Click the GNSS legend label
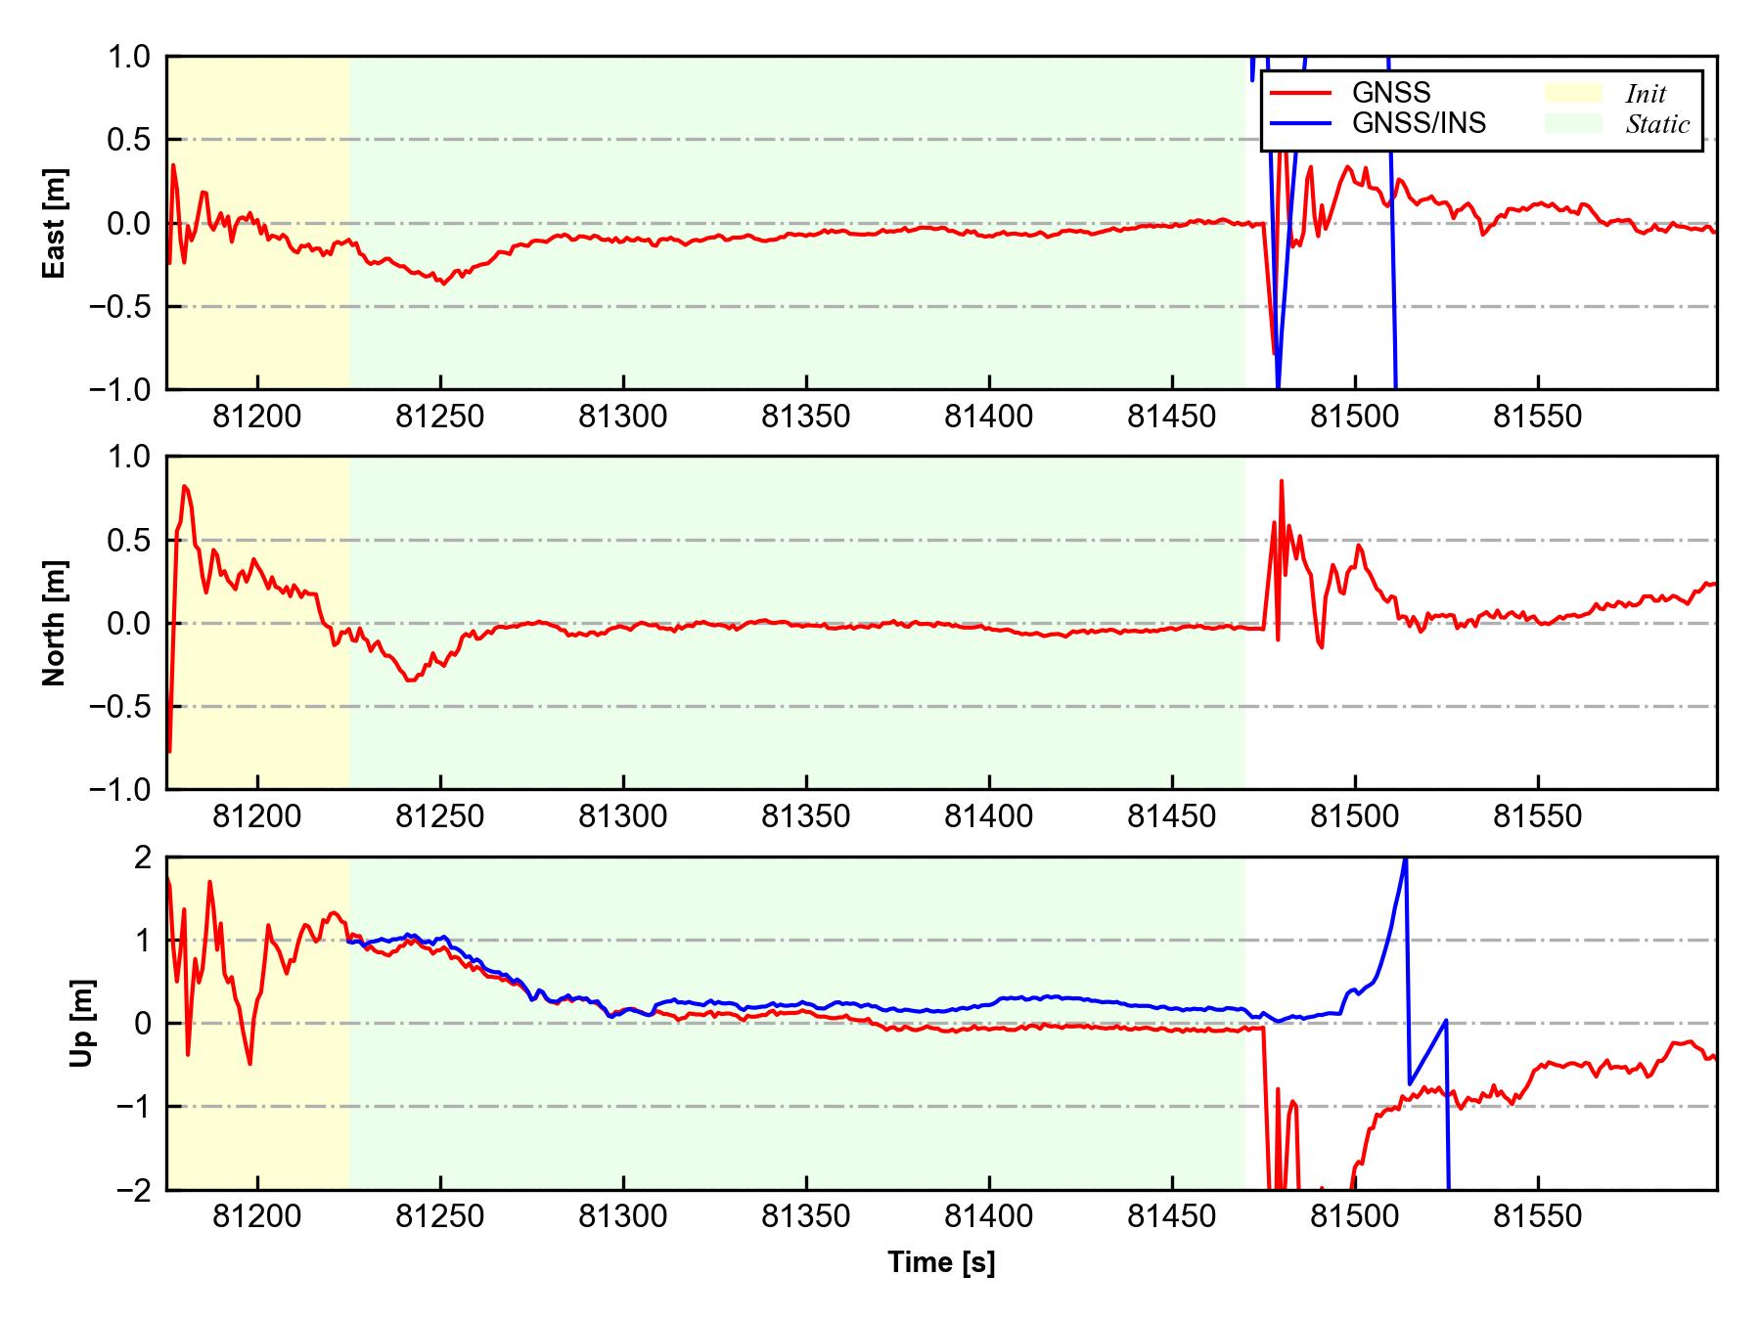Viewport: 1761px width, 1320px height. coord(1390,93)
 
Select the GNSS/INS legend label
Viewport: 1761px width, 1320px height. coord(1419,123)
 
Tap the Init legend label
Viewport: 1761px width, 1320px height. coord(1646,94)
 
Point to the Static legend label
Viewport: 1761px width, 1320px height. coord(1657,124)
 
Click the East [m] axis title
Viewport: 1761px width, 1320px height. coord(56,223)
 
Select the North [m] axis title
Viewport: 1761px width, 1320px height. coord(56,623)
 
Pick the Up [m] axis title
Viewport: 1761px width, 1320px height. coord(82,1023)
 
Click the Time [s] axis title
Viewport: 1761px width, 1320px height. coord(941,1263)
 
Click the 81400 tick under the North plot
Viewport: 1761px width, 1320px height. coord(988,816)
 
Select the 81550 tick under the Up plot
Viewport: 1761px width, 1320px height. coord(1537,1217)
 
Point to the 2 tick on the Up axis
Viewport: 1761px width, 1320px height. coord(142,858)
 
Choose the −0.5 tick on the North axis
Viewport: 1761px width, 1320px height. coord(120,706)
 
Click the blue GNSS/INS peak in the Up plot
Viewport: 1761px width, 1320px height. coord(1406,860)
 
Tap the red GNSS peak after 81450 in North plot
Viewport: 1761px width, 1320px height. coord(1281,481)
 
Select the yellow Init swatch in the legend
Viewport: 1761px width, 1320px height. coord(1573,93)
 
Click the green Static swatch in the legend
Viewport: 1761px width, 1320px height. coord(1573,123)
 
